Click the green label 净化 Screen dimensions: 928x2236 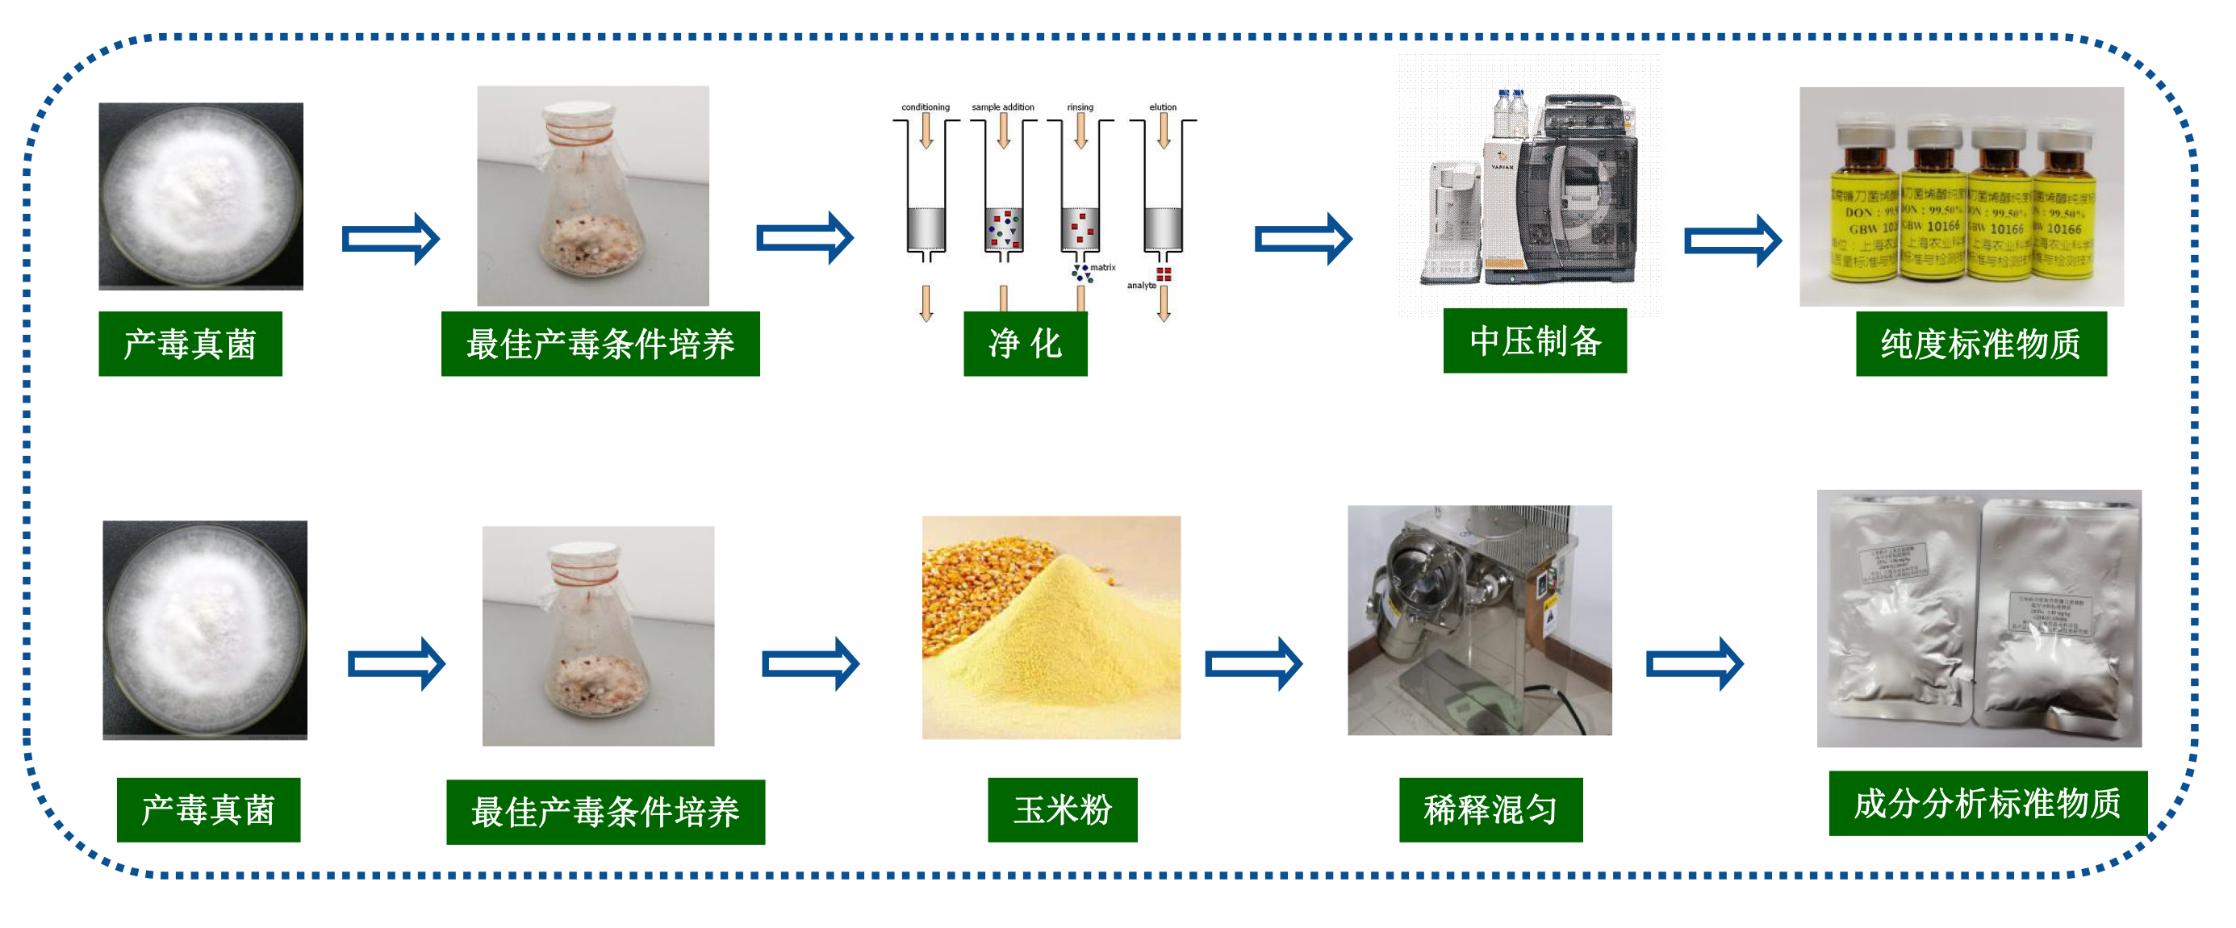(x=1024, y=344)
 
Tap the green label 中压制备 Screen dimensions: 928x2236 (x=1534, y=341)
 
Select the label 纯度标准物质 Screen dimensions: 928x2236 (x=1980, y=344)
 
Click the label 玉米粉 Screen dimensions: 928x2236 (x=1062, y=809)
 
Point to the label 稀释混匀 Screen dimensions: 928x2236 (x=1490, y=809)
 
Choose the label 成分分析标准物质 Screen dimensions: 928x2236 (x=1987, y=803)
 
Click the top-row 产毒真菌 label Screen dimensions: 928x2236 (x=190, y=344)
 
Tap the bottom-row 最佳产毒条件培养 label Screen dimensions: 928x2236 (x=605, y=812)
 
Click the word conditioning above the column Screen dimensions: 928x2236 (x=926, y=107)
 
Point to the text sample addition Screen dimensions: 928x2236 (x=1002, y=107)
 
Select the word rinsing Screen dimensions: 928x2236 (x=1080, y=107)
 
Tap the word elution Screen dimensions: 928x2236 (x=1162, y=107)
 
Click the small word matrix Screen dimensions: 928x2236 (x=1103, y=267)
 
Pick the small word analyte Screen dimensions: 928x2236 (x=1140, y=286)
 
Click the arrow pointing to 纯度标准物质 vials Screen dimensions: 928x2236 (x=1732, y=240)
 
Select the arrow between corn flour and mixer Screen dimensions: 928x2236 (x=1252, y=664)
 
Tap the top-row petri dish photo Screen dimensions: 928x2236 (x=200, y=196)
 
